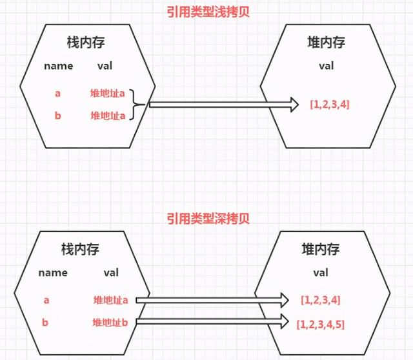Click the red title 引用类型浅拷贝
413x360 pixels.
[x=208, y=12]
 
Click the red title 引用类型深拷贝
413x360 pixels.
[x=208, y=219]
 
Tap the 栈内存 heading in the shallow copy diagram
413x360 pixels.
[x=86, y=43]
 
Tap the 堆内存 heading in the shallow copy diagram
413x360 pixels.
[x=326, y=43]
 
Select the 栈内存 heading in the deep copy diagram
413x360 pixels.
[x=80, y=249]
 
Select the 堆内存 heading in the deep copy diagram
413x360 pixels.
[x=321, y=249]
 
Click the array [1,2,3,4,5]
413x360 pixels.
[x=321, y=325]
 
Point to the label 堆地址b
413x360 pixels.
[x=110, y=323]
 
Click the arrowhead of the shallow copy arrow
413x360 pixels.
[x=294, y=105]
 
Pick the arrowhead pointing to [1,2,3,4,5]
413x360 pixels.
[x=285, y=321]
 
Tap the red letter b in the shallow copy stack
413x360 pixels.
[x=57, y=115]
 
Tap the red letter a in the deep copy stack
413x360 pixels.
[x=46, y=300]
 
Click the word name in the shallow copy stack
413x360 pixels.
[x=59, y=66]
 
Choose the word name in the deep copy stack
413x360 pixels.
[x=53, y=272]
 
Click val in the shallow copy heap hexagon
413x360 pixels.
[x=327, y=66]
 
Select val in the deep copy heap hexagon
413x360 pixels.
[x=321, y=272]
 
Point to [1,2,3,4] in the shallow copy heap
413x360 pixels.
[x=330, y=105]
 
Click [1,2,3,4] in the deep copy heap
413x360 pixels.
[x=321, y=300]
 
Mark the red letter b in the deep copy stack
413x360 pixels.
[x=45, y=322]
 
